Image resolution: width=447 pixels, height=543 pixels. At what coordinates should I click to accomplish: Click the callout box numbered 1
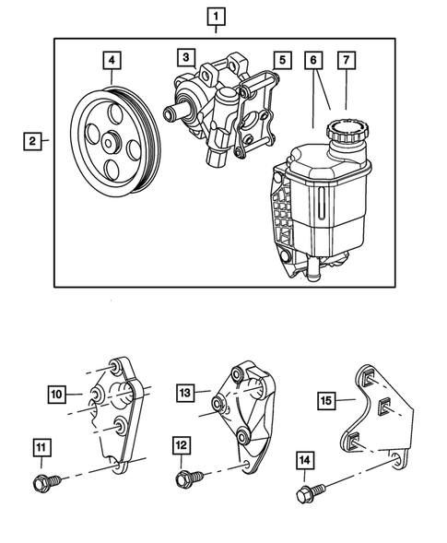(x=216, y=16)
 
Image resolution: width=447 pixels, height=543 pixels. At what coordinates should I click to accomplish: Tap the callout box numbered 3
(x=185, y=58)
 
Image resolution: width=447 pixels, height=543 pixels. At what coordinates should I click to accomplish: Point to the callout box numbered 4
(x=112, y=61)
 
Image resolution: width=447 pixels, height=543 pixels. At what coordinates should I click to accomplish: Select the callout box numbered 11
(x=41, y=449)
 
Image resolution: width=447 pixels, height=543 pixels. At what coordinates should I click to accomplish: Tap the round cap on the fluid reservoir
(x=349, y=131)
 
